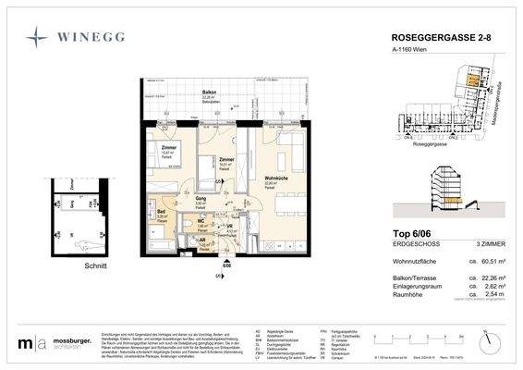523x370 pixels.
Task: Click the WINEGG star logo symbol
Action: click(x=37, y=37)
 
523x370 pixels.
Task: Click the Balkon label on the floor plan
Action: click(x=209, y=94)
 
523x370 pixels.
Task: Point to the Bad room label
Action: click(x=160, y=212)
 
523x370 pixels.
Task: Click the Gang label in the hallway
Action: click(x=201, y=198)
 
